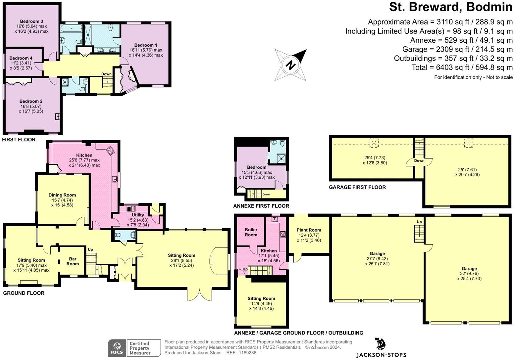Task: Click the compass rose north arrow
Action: tap(290, 65)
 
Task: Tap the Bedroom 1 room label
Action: tap(146, 45)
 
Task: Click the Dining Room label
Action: tap(62, 195)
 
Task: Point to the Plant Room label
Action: tap(309, 230)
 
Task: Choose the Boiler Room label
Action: tap(251, 232)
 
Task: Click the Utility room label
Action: tap(138, 215)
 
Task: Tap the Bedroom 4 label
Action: tap(21, 58)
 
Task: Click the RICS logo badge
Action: tap(117, 348)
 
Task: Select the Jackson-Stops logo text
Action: tap(381, 355)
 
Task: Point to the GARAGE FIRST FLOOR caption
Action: tap(357, 187)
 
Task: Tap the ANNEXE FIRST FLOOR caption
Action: tap(261, 206)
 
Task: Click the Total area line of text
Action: tap(462, 67)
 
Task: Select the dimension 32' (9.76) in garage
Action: tap(469, 274)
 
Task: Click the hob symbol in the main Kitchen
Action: tap(110, 151)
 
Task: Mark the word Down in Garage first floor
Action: tap(419, 161)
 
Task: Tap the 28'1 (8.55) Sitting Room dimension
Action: tap(181, 260)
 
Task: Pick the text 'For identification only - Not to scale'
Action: tap(473, 77)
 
